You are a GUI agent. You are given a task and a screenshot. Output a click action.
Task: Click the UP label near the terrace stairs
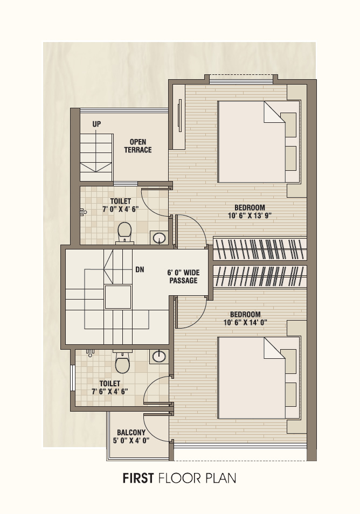(x=96, y=124)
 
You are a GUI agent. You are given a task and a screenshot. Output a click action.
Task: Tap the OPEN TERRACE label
(x=138, y=146)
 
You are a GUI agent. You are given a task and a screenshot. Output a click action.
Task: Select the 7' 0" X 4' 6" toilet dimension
(x=120, y=209)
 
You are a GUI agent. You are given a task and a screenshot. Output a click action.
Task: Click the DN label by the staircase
(x=140, y=269)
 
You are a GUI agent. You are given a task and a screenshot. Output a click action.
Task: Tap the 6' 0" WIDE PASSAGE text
(x=183, y=277)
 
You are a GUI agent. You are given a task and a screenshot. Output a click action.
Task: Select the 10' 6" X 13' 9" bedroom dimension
(x=250, y=216)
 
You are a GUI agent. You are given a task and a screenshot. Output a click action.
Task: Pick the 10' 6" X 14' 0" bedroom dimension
(x=245, y=323)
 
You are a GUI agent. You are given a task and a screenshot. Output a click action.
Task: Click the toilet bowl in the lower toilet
(x=122, y=362)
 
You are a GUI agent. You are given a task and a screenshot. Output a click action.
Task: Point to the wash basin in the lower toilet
(x=158, y=356)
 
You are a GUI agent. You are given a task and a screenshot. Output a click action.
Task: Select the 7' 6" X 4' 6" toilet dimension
(x=109, y=391)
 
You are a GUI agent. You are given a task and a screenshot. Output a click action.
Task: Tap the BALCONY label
(x=131, y=433)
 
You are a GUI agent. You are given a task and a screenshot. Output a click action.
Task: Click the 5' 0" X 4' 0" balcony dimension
(x=131, y=441)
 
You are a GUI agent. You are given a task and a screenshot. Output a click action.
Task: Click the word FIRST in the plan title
(x=138, y=478)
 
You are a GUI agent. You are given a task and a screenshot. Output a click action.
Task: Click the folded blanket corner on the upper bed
(x=274, y=112)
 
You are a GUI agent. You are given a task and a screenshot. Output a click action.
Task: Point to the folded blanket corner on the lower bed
(x=274, y=348)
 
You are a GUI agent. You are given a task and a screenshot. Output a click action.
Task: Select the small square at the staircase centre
(x=117, y=297)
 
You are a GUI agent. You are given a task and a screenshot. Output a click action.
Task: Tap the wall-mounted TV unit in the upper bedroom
(x=179, y=115)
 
